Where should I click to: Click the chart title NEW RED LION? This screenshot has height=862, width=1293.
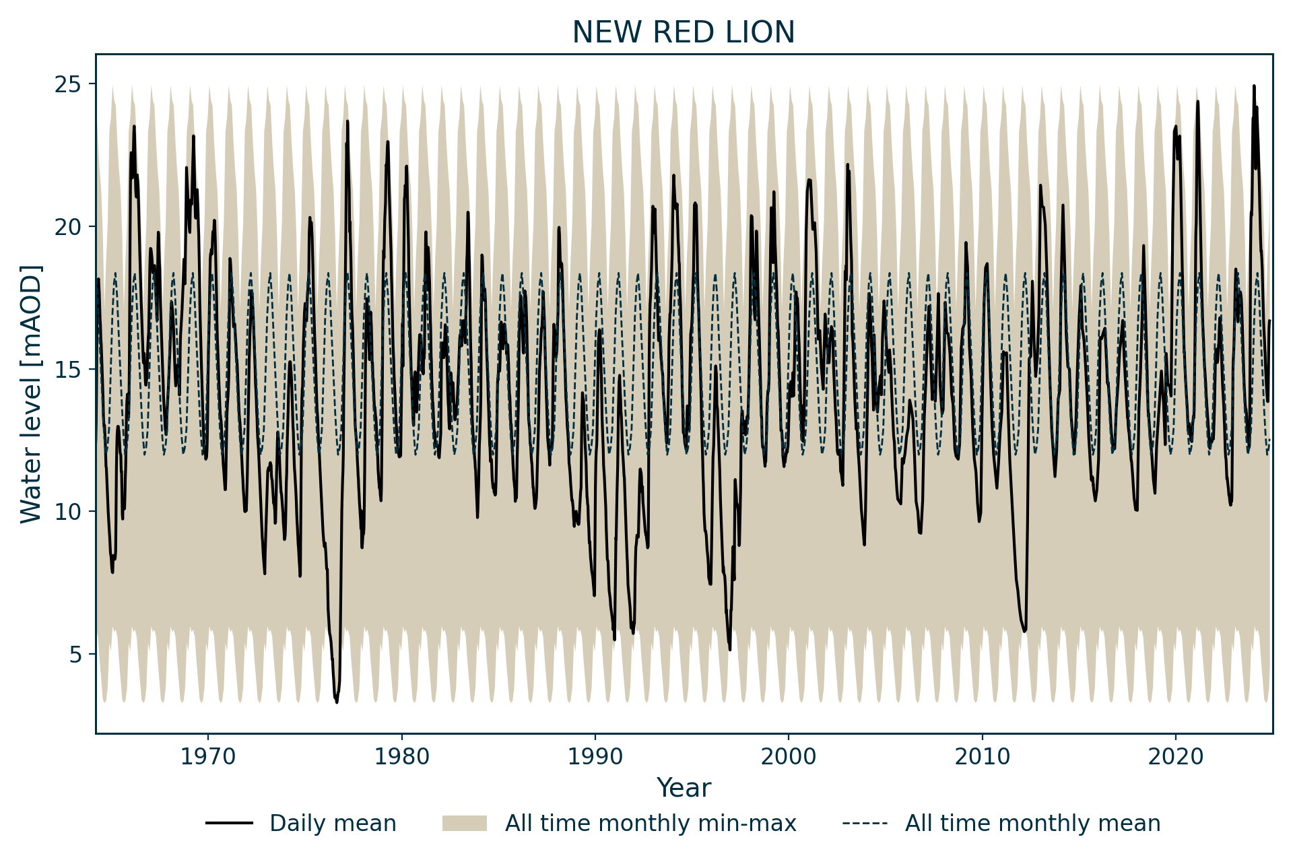pyautogui.click(x=684, y=32)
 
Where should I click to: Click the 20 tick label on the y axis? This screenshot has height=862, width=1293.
pyautogui.click(x=70, y=226)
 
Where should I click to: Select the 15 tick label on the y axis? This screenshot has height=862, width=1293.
pyautogui.click(x=70, y=369)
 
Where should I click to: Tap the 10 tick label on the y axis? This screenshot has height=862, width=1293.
pyautogui.click(x=70, y=511)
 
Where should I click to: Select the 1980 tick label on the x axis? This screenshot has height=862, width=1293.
pyautogui.click(x=401, y=756)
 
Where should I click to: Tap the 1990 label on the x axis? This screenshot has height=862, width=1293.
pyautogui.click(x=595, y=756)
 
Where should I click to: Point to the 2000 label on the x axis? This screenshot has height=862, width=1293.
pyautogui.click(x=789, y=756)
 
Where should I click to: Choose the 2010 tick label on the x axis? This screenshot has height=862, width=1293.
pyautogui.click(x=982, y=756)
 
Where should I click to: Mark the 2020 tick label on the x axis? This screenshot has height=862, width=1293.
pyautogui.click(x=1176, y=756)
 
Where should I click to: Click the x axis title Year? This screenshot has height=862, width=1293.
pyautogui.click(x=684, y=788)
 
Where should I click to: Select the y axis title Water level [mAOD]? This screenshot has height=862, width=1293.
pyautogui.click(x=31, y=394)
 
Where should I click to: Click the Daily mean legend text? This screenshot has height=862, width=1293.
pyautogui.click(x=333, y=824)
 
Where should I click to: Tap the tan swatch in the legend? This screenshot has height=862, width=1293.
pyautogui.click(x=464, y=824)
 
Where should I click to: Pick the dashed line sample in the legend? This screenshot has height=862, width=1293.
pyautogui.click(x=865, y=824)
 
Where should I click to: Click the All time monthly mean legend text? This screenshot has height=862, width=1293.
pyautogui.click(x=1032, y=824)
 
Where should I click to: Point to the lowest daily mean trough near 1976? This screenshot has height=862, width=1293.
pyautogui.click(x=337, y=702)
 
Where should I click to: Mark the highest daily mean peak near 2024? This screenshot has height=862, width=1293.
pyautogui.click(x=1254, y=86)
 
